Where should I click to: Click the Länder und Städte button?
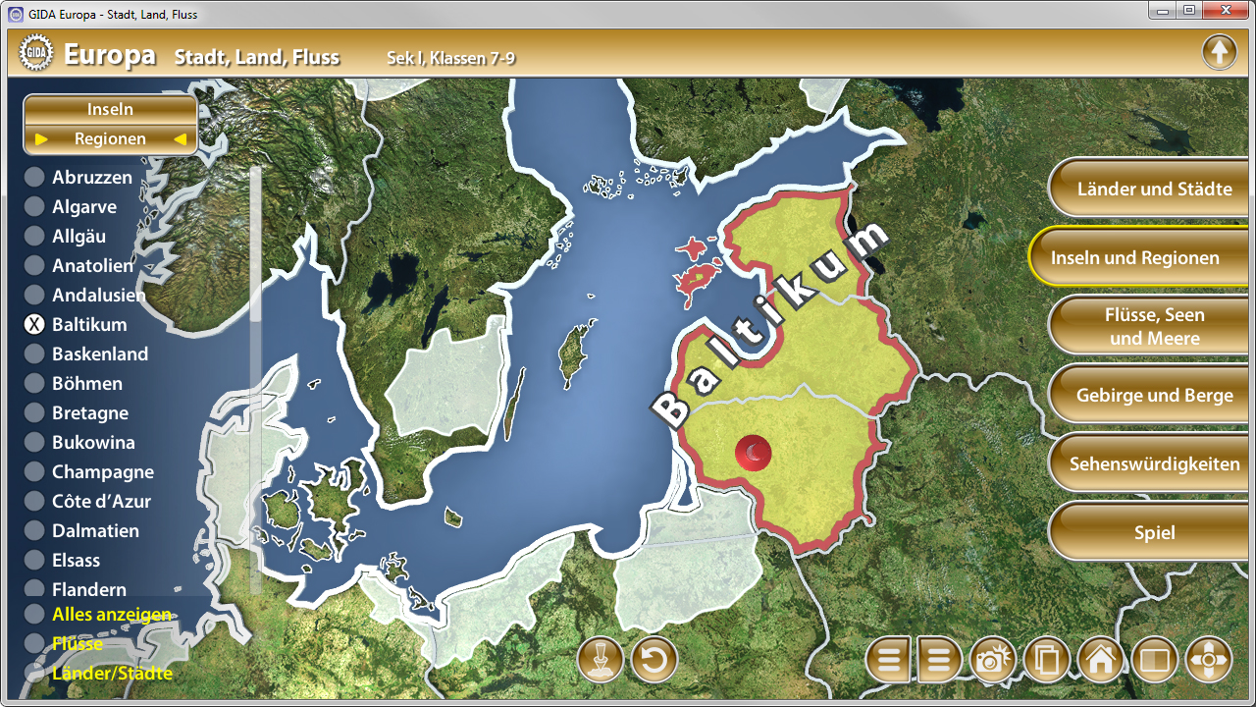click(x=1154, y=189)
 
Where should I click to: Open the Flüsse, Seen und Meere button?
click(x=1154, y=326)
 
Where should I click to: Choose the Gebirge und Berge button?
click(x=1154, y=395)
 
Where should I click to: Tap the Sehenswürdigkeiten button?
click(x=1154, y=463)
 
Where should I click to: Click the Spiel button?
click(x=1154, y=532)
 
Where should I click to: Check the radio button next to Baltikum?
click(x=34, y=325)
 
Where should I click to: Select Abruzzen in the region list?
click(x=91, y=178)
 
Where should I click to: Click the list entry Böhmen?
click(x=86, y=384)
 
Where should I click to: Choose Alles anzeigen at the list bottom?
click(x=111, y=615)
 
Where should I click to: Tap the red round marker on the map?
click(x=753, y=454)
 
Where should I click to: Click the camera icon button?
click(x=992, y=660)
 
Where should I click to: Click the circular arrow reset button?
click(x=654, y=660)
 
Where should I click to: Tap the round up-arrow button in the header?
click(x=1219, y=51)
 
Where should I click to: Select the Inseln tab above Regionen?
click(x=110, y=109)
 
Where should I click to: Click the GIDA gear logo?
click(x=36, y=55)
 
